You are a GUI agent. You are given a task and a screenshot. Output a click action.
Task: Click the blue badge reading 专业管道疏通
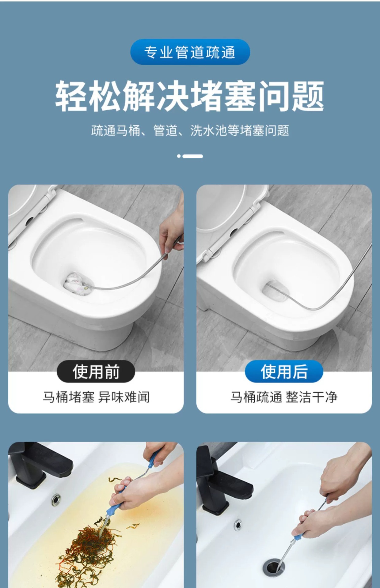click(x=190, y=52)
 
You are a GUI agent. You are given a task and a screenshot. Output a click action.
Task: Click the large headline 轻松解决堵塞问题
click(x=190, y=96)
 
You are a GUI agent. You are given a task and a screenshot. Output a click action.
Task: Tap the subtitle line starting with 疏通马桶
click(x=190, y=130)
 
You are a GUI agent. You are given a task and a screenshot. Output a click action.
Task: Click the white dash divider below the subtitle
click(x=190, y=156)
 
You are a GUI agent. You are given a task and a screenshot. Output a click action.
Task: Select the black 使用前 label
click(x=96, y=371)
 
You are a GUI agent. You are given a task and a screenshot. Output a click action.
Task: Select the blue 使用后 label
click(x=284, y=371)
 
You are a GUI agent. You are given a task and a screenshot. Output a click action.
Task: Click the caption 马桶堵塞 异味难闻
click(x=96, y=397)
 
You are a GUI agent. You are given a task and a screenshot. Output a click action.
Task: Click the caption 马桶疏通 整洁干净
click(x=284, y=397)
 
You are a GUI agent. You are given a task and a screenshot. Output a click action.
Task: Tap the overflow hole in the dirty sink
click(x=56, y=499)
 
